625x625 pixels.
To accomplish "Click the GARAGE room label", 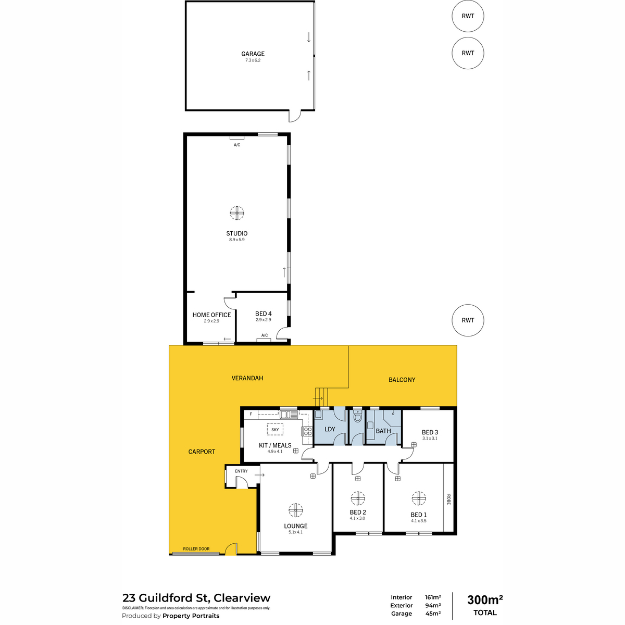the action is (252, 54).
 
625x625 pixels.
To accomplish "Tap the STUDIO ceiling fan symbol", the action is (237, 213).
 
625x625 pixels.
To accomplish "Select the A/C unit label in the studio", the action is (237, 145).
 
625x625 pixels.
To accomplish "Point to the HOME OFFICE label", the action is (211, 315).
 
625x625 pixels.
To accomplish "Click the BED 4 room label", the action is (263, 314).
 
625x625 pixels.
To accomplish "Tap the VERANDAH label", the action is (247, 378).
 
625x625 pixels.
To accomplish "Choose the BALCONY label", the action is (402, 380).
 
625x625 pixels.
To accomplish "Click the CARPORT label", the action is (202, 452).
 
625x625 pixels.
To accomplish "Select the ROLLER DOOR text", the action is (196, 549).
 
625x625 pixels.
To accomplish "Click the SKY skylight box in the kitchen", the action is (274, 429).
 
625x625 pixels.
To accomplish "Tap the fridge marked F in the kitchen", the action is (251, 414).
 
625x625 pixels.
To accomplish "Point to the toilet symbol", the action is (357, 416).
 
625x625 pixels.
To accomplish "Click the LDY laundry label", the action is (330, 429).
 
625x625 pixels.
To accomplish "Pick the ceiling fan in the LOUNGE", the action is (295, 510).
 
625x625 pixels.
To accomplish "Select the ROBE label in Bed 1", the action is (448, 499).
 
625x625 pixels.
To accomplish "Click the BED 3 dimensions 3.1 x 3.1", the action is (429, 438).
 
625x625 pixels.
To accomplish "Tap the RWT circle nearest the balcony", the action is (467, 320).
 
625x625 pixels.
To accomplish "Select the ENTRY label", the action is (241, 471).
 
